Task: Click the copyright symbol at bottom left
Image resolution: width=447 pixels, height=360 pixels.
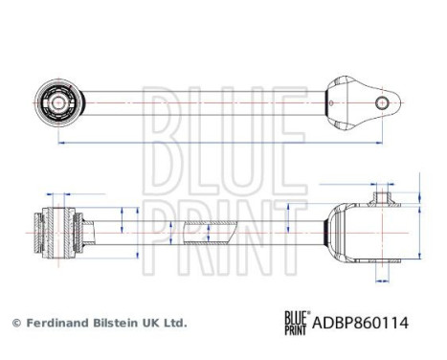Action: point(15,324)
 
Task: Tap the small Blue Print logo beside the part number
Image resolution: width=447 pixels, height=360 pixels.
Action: point(297,324)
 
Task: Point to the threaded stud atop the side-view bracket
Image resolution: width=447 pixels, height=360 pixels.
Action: point(383,196)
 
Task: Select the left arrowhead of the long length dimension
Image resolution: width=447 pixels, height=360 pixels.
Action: point(61,143)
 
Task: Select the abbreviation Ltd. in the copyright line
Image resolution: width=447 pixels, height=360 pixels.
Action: point(176,324)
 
